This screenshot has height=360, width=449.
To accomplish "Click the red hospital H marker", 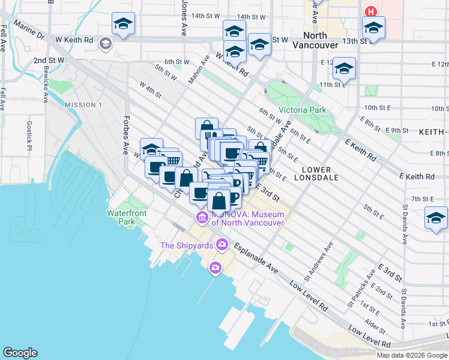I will [x=371, y=11].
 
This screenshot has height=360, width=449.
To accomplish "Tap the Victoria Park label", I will [x=302, y=110].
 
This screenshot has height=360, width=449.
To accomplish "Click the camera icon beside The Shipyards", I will [x=222, y=244].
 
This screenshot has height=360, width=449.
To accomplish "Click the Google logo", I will [x=20, y=353].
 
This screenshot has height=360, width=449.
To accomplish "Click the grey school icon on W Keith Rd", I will [x=106, y=43].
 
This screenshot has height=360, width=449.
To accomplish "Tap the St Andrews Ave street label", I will [x=318, y=262].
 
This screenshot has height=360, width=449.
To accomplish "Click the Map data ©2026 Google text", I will [x=412, y=355].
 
